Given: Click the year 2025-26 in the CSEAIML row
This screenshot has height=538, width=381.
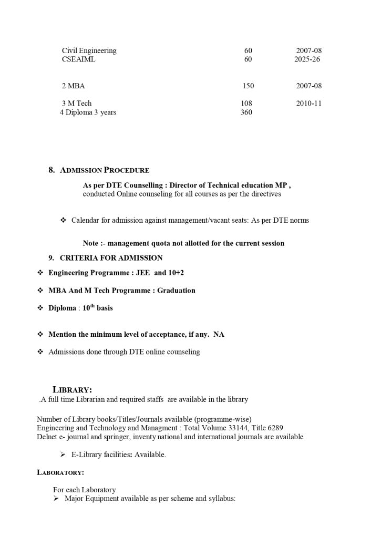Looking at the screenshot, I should click(x=307, y=59).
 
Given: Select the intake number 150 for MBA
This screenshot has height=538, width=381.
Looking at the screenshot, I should click(x=248, y=86).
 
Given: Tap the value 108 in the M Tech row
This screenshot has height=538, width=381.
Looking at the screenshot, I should click(x=246, y=104).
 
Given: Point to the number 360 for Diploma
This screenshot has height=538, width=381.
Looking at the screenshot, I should click(x=246, y=112).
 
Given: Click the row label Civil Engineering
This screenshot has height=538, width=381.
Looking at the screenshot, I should click(x=89, y=50).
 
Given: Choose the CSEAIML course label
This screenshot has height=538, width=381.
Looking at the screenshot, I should click(x=79, y=59).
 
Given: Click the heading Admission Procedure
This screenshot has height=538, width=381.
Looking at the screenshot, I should click(x=105, y=170).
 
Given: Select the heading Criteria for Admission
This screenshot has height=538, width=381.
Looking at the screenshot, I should click(x=111, y=257).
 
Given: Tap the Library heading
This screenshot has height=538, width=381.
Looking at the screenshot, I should click(x=73, y=389).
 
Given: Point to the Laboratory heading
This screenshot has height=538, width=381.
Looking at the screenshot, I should click(x=60, y=472).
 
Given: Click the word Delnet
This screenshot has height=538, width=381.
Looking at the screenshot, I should click(x=47, y=437).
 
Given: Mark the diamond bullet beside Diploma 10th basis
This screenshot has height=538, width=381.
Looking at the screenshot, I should click(x=40, y=308).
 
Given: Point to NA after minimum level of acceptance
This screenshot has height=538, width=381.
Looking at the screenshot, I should click(x=219, y=334).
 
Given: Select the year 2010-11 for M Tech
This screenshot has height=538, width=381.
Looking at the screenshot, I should click(x=309, y=104).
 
